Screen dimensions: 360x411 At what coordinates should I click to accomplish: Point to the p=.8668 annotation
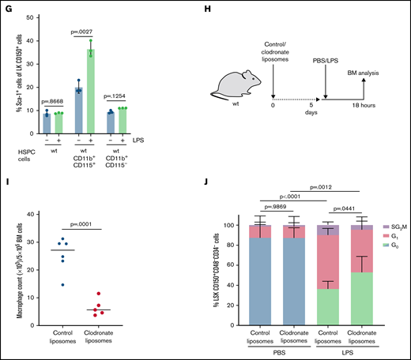[x=53, y=99]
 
